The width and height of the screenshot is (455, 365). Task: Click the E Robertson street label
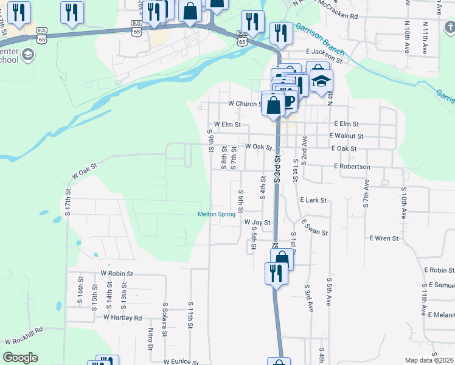pos(352,166)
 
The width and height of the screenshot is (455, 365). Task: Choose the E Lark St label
pos(313,200)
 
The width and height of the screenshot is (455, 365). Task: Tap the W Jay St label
pos(257,223)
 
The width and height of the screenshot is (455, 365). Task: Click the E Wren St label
pos(383,238)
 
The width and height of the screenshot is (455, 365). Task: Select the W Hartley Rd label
pos(122,318)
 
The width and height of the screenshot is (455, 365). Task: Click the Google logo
pos(20,358)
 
